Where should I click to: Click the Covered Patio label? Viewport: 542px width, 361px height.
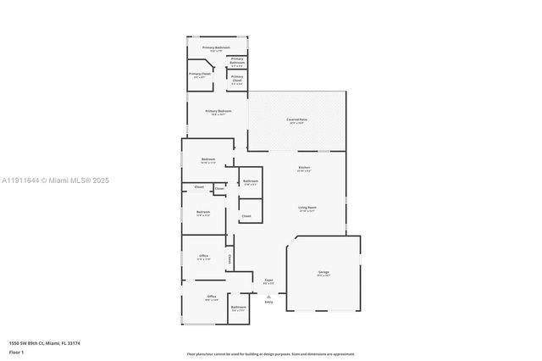coord(296,120)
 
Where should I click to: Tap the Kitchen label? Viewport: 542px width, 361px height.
coord(304,168)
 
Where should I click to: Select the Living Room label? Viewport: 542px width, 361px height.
coord(306,207)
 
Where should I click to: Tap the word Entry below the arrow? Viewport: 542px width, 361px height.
coord(268,302)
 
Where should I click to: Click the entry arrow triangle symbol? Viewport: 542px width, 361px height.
coord(268,296)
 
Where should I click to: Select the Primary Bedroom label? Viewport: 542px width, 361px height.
coord(218,111)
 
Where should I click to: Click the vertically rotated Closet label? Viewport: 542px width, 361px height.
coord(230,258)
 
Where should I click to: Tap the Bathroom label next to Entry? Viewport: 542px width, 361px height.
coord(238,307)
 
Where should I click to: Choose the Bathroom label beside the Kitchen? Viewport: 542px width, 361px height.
coord(251,181)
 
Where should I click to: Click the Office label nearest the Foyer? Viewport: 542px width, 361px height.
coord(203,256)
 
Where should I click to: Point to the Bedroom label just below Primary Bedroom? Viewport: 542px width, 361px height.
coord(208,159)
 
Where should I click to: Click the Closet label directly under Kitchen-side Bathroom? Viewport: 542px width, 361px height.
coord(246,216)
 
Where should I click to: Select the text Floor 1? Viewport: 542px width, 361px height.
coord(17,351)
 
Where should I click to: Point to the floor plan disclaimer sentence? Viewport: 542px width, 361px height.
coord(271,353)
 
